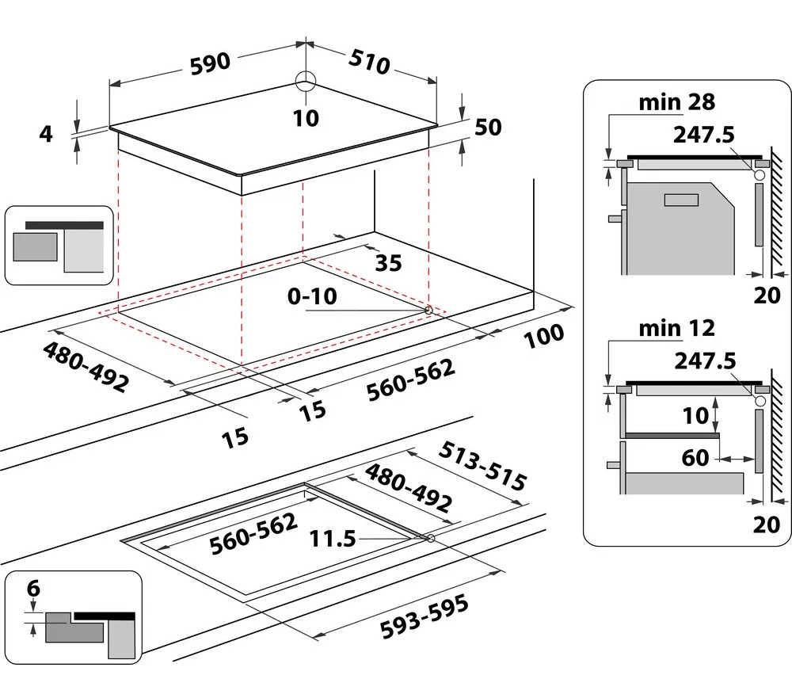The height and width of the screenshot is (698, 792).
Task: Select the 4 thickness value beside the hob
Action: tap(46, 135)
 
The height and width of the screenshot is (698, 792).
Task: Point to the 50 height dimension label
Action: tap(488, 127)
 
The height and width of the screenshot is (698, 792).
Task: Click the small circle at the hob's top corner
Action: tap(305, 82)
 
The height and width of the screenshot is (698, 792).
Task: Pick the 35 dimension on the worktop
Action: tap(387, 263)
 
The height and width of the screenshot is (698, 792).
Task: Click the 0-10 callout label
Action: tap(313, 296)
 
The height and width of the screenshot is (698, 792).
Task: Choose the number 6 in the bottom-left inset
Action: tap(32, 589)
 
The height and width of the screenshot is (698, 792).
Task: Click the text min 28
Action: tap(677, 102)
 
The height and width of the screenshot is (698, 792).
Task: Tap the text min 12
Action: tap(677, 327)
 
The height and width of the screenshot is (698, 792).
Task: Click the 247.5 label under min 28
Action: tap(704, 135)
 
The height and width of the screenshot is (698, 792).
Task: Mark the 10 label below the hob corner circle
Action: tap(305, 118)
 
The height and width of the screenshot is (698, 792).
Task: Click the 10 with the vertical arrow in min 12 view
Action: tap(697, 415)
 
